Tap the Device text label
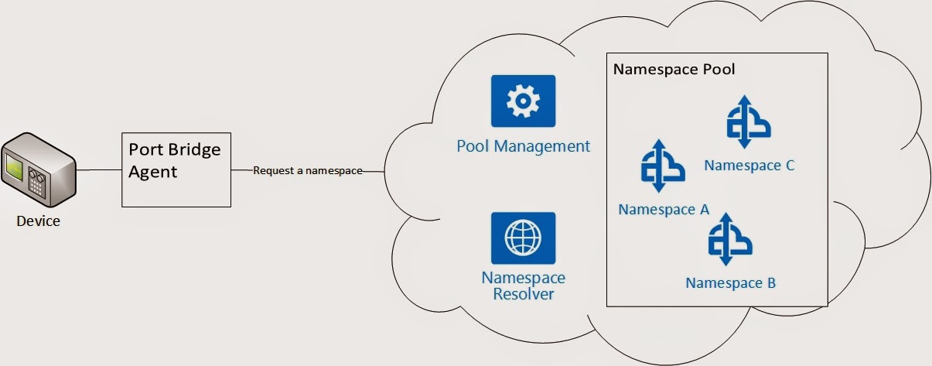pyautogui.click(x=39, y=222)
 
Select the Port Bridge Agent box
pyautogui.click(x=176, y=169)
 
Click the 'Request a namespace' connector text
pyautogui.click(x=308, y=171)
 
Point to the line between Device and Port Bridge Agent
pyautogui.click(x=99, y=169)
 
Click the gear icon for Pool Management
pyautogui.click(x=523, y=101)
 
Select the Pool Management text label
pyautogui.click(x=523, y=146)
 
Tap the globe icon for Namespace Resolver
pyautogui.click(x=523, y=238)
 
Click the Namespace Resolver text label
pyautogui.click(x=523, y=286)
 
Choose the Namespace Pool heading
pyautogui.click(x=674, y=69)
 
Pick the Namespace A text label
pyautogui.click(x=664, y=210)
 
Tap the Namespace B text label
pyautogui.click(x=730, y=283)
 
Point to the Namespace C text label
pyautogui.click(x=749, y=166)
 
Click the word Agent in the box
pyautogui.click(x=153, y=171)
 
